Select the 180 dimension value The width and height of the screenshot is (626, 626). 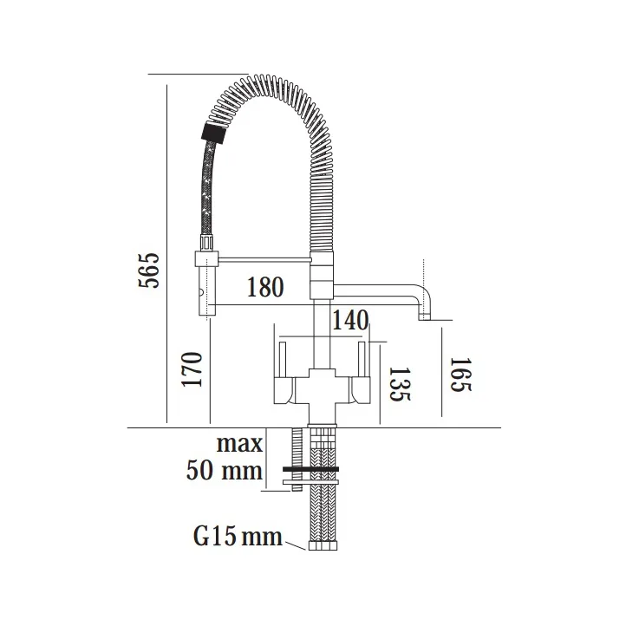point(264,287)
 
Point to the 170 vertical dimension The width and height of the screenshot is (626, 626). point(192,369)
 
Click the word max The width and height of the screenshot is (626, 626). point(239,444)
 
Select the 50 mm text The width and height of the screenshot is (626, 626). point(224,471)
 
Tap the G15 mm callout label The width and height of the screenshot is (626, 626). point(237,537)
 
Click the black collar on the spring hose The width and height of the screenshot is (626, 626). point(212,132)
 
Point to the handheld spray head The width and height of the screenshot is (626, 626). point(205,283)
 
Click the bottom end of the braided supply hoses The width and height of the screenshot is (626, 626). point(323,546)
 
